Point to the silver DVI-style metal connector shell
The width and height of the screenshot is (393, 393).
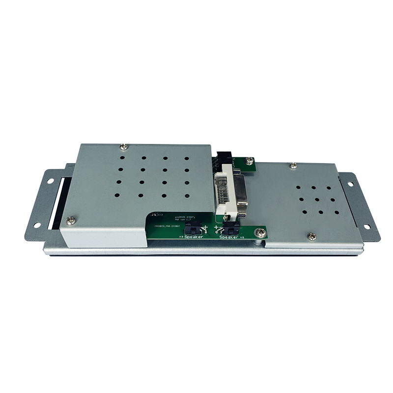pyautogui.click(x=241, y=189)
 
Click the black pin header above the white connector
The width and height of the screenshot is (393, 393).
pyautogui.click(x=225, y=158)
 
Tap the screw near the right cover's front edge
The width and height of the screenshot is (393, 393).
pyautogui.click(x=311, y=236)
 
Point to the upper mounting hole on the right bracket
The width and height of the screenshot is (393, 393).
pyautogui.click(x=350, y=184)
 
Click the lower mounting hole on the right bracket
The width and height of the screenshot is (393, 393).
pyautogui.click(x=365, y=226)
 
